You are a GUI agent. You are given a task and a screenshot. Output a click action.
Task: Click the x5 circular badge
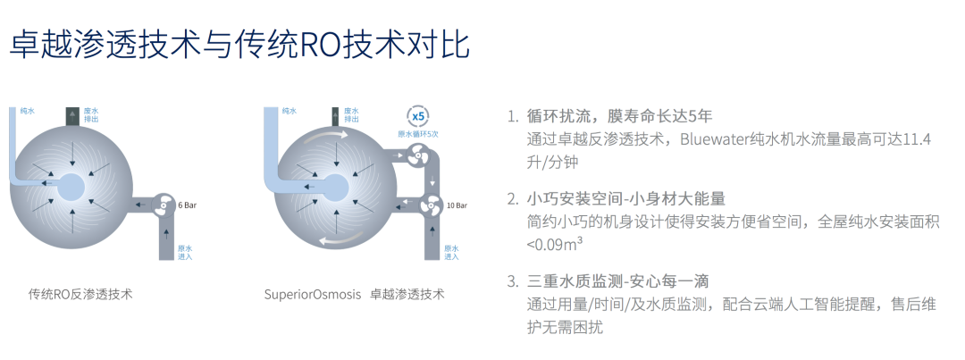point(418,116)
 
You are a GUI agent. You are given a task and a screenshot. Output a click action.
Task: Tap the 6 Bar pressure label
point(187,205)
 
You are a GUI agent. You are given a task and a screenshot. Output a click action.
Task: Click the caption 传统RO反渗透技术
point(80,294)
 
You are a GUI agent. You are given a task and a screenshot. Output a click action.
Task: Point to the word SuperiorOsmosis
point(313,294)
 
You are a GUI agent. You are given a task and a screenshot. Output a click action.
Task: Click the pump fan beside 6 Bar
point(163,205)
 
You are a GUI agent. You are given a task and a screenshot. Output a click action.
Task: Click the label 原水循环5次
point(418,134)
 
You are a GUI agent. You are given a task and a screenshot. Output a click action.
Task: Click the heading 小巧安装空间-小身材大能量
point(626,199)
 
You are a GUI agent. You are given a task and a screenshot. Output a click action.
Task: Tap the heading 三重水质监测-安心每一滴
point(618,282)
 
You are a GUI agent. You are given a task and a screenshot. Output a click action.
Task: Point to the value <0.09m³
point(555,244)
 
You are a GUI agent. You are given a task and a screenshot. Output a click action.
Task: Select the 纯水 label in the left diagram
point(27,111)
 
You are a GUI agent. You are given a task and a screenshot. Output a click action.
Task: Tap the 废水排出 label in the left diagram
point(90,114)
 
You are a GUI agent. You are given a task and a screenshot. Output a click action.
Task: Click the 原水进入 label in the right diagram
point(451,252)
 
